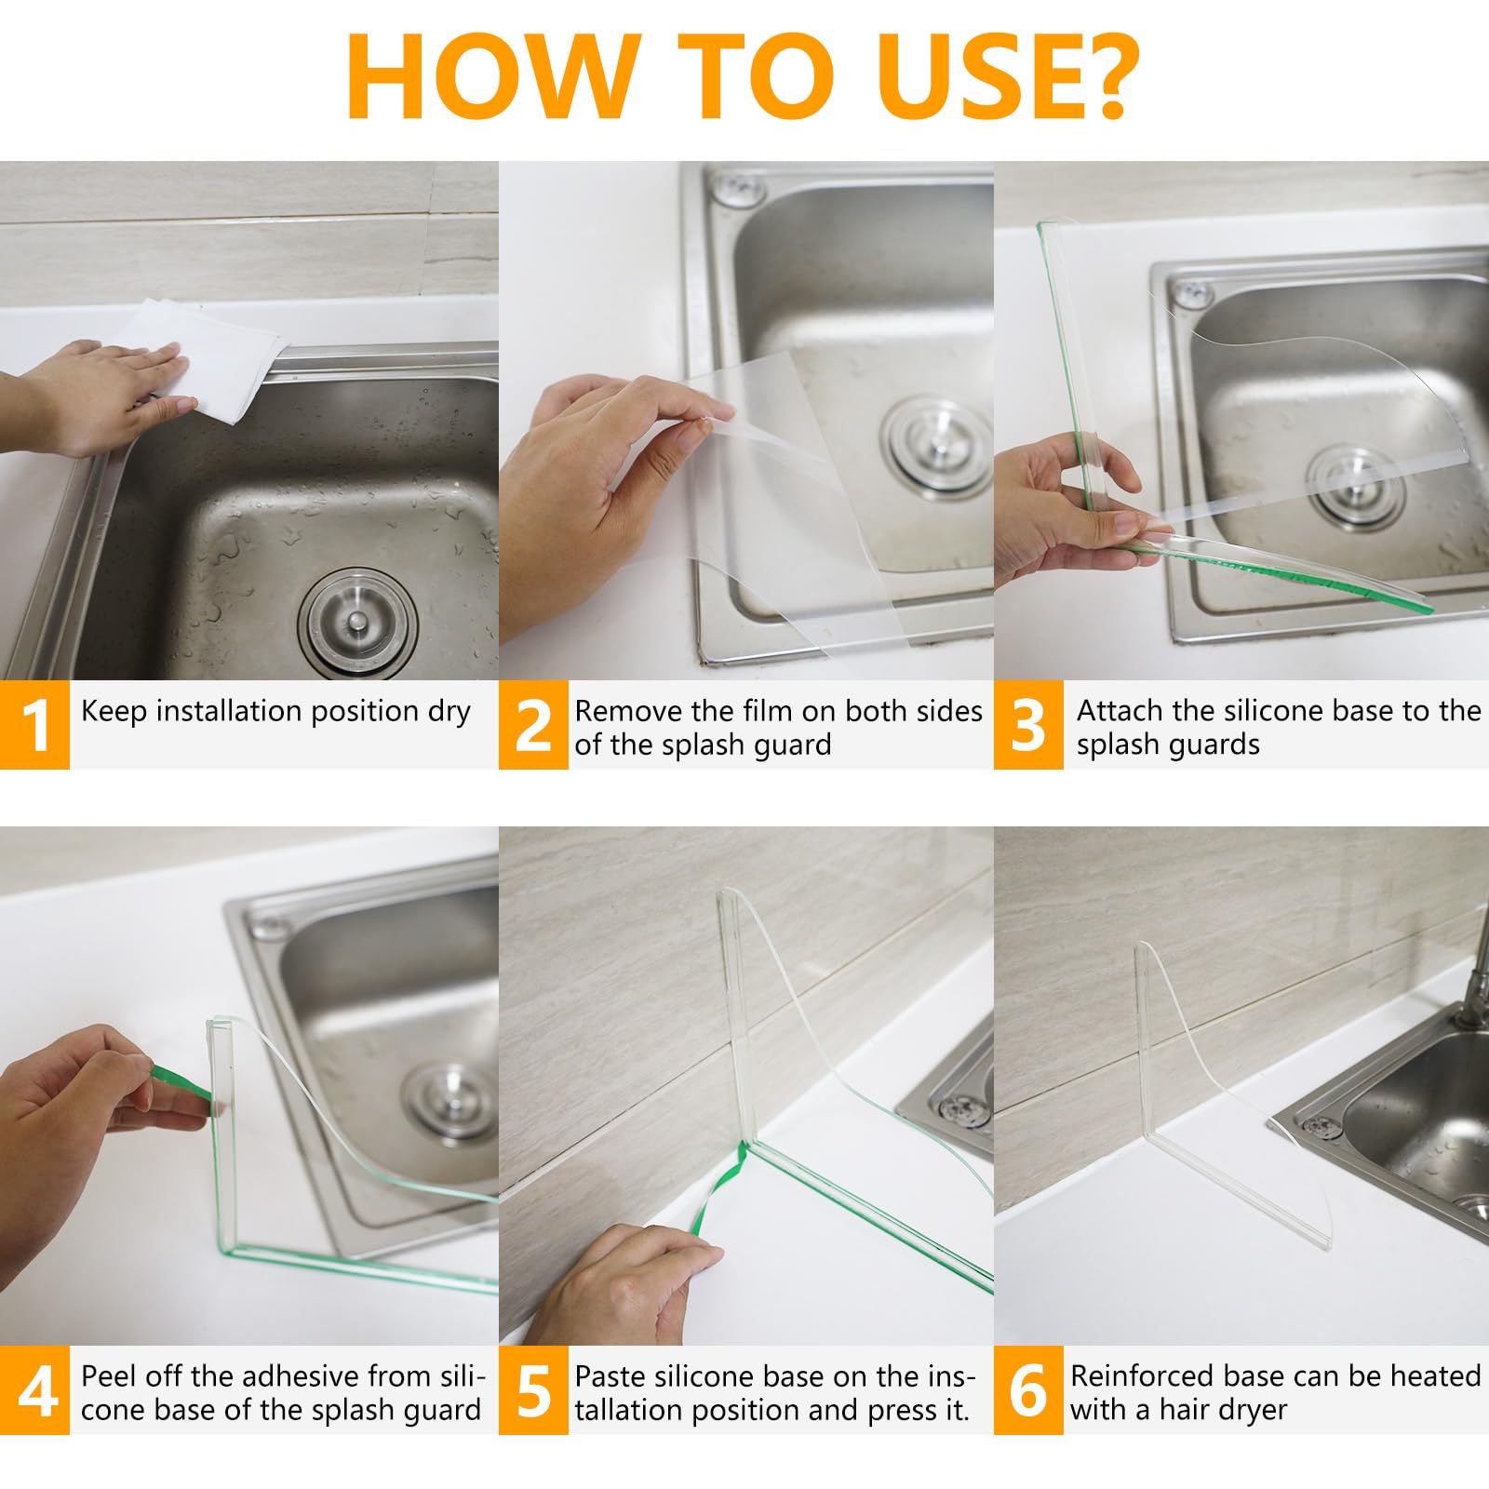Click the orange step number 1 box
[34, 725]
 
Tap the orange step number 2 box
[533, 725]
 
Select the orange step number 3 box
[1028, 725]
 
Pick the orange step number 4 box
[34, 1390]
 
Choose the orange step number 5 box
[533, 1390]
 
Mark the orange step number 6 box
[1028, 1390]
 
